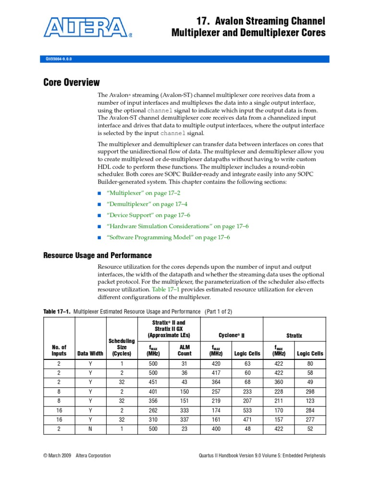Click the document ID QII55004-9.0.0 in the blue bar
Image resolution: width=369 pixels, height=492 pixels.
59,59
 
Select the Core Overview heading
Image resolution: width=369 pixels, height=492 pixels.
72,83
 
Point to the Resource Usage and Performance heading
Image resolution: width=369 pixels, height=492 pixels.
98,255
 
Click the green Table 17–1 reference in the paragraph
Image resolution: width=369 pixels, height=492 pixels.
165,290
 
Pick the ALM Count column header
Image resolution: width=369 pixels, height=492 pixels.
184,350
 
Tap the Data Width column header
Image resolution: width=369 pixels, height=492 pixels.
90,353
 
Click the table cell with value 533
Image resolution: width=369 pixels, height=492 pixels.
247,410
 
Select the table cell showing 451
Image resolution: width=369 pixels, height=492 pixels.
153,382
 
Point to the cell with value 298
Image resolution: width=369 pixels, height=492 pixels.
310,392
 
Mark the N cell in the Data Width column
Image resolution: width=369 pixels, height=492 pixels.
90,429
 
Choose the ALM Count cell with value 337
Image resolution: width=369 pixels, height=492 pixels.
184,419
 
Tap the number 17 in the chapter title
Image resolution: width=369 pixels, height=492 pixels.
202,21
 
